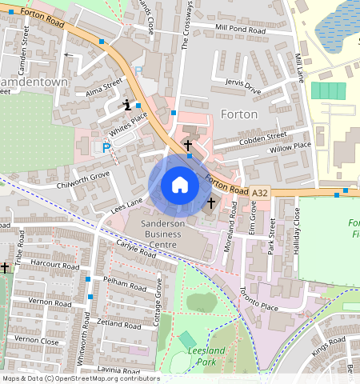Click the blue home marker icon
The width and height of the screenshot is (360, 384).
point(180,186)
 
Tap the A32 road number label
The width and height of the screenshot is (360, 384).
point(260,193)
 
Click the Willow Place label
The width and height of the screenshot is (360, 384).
point(290,147)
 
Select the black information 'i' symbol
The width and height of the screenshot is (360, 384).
point(127,104)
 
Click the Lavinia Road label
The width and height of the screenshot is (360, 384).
point(118,370)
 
